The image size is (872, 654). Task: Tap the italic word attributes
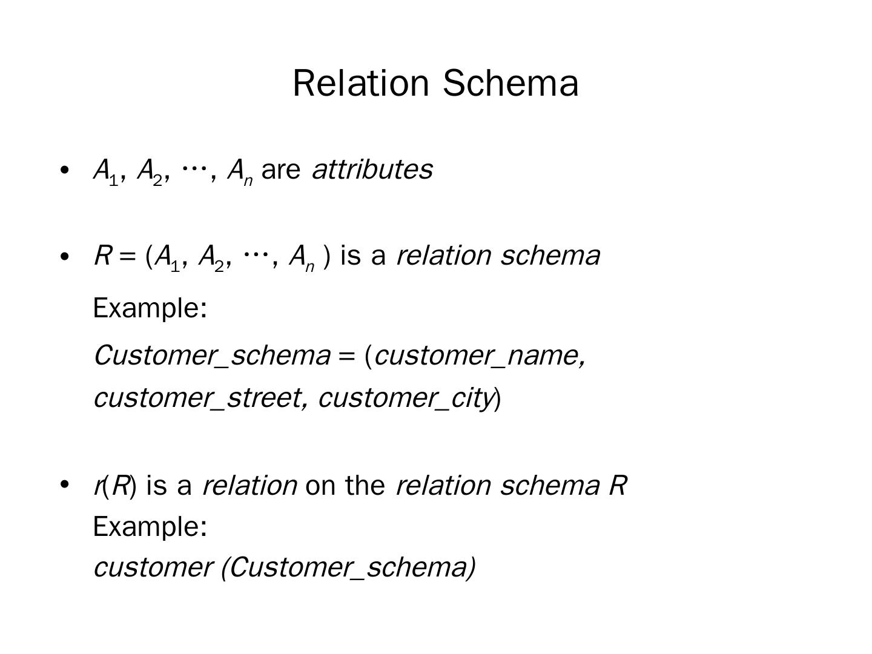point(372,170)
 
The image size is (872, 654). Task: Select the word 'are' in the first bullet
point(281,170)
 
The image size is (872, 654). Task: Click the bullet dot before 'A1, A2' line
point(65,170)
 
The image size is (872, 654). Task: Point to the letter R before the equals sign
point(101,256)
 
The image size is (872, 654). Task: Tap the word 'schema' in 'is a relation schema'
point(550,256)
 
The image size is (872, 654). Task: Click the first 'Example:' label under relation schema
point(150,308)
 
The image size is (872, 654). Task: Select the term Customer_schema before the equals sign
point(212,355)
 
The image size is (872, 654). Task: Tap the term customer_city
point(405,398)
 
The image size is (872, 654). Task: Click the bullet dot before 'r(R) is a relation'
point(65,484)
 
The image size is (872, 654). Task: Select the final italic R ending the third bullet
point(618,485)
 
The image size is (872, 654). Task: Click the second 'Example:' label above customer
point(150,526)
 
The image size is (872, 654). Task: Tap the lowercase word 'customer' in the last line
point(151,567)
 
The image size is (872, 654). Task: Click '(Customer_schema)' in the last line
point(348,567)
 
